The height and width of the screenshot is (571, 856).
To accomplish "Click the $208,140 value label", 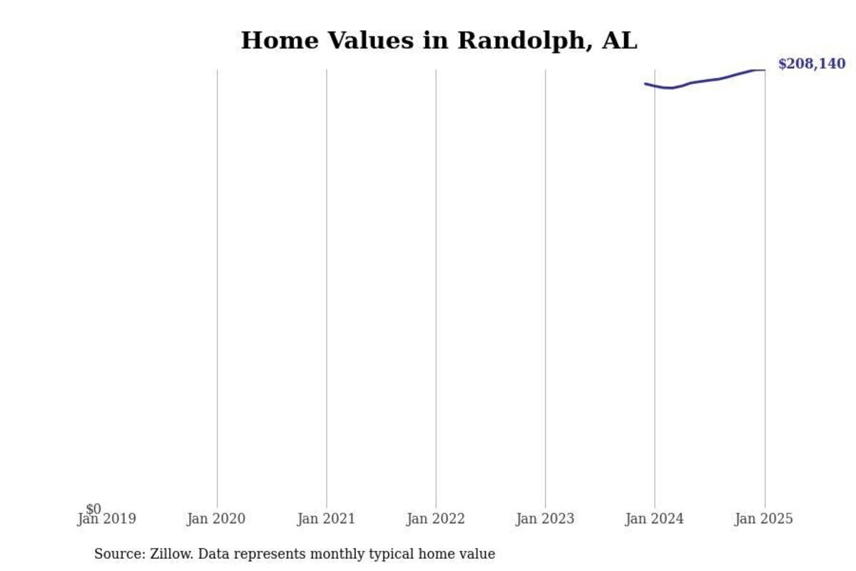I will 811,64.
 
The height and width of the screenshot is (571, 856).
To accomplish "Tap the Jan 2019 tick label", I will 107,520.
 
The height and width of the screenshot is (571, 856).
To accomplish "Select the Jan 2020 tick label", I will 216,520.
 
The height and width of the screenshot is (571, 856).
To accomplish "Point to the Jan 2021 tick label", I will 326,520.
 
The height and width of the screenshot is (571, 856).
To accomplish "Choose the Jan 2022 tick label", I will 435,520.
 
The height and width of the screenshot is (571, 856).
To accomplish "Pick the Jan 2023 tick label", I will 545,520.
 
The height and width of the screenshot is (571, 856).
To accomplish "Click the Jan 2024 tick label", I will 654,520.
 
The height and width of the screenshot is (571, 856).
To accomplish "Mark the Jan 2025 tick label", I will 763,520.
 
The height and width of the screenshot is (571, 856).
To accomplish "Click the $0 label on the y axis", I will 93,509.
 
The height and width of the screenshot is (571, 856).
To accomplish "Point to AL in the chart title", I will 619,41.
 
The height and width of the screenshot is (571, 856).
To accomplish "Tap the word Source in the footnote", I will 118,554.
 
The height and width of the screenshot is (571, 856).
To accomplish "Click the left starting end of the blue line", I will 646,84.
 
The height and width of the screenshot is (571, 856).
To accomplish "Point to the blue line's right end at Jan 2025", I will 764,69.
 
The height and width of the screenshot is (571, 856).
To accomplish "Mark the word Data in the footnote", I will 213,554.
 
